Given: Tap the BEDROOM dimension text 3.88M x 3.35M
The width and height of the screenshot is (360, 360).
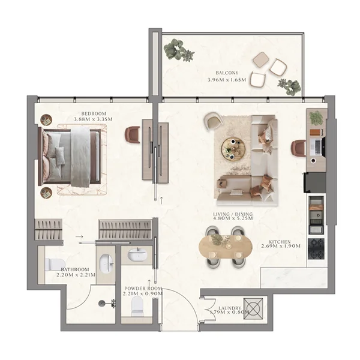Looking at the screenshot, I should pyautogui.click(x=94, y=119).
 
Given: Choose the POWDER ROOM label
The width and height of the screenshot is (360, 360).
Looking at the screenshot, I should pyautogui.click(x=143, y=288).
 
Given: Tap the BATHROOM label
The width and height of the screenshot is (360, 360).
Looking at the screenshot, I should pyautogui.click(x=74, y=269).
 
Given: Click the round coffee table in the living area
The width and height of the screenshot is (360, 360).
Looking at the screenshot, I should pyautogui.click(x=232, y=146).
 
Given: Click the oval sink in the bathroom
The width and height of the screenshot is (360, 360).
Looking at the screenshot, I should pyautogui.click(x=106, y=262).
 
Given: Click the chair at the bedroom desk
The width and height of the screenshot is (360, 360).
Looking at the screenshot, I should pyautogui.click(x=133, y=134).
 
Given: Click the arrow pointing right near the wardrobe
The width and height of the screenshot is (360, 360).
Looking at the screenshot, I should pyautogui.click(x=80, y=237).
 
